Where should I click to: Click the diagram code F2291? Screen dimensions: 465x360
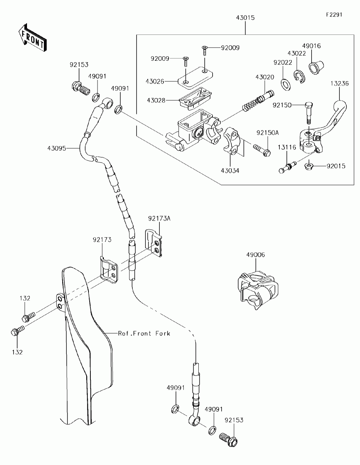[334, 15]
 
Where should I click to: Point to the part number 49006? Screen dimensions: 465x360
[255, 255]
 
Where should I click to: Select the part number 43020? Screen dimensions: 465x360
[264, 77]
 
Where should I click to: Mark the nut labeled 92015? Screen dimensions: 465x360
[309, 165]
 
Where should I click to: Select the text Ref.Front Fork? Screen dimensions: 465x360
[144, 333]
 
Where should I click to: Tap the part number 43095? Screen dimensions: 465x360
[57, 148]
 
